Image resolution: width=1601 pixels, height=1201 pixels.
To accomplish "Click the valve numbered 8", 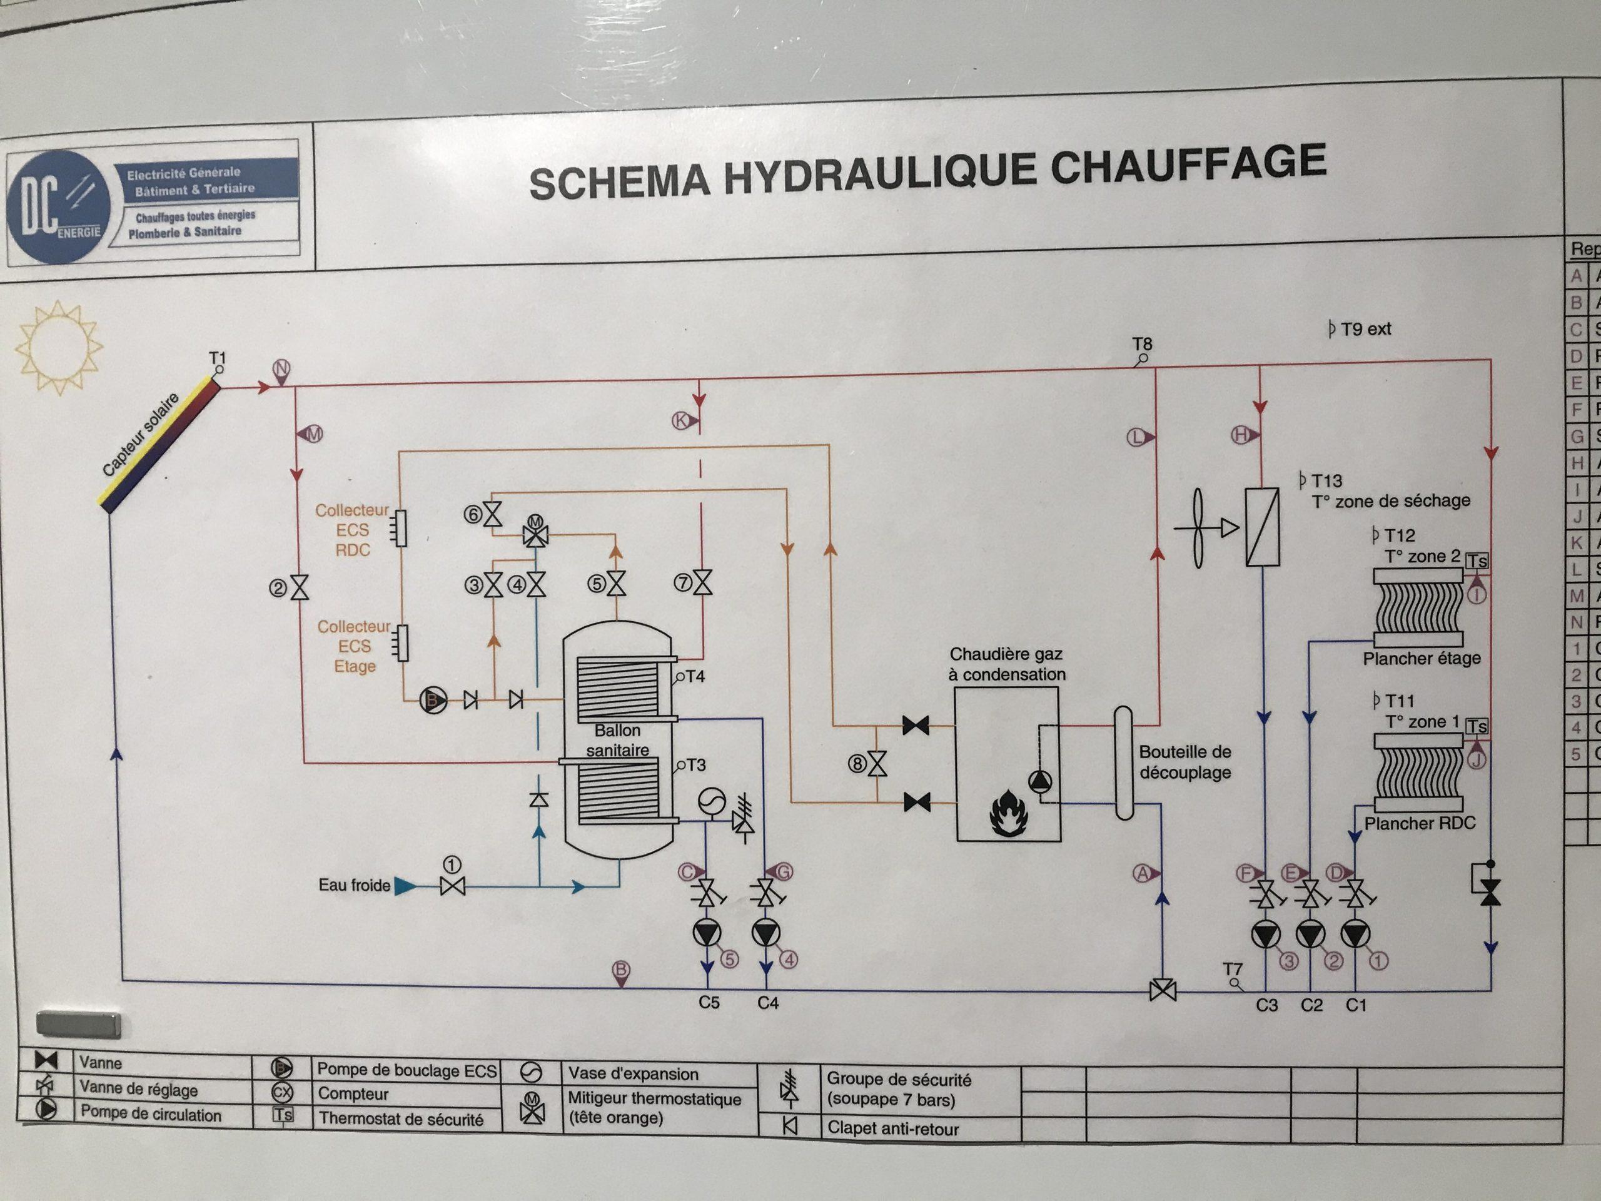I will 878,764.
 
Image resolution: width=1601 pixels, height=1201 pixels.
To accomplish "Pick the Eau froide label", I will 354,885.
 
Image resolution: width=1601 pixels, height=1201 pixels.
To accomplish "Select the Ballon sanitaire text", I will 617,741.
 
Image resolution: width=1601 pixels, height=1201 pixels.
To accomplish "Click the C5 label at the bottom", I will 709,1003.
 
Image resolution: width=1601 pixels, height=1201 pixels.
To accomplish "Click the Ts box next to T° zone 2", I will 1477,561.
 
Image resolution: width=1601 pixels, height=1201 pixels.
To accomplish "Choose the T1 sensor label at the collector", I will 217,358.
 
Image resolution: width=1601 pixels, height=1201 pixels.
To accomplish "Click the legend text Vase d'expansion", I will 634,1074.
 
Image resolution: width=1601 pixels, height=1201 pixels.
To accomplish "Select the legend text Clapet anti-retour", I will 892,1129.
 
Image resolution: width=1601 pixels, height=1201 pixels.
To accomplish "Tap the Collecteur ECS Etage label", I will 354,646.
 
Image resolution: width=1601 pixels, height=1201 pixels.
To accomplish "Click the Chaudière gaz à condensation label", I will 1007,664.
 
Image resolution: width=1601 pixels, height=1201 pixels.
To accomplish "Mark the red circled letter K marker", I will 682,420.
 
